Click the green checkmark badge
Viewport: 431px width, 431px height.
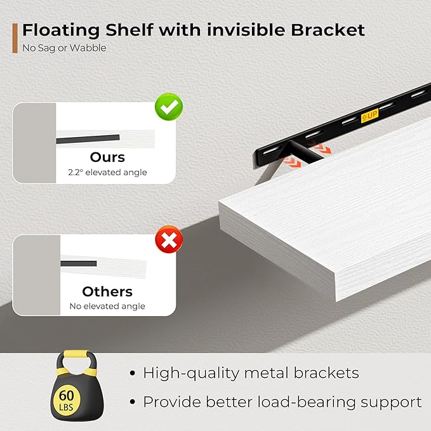pyautogui.click(x=169, y=107)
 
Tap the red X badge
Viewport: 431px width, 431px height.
pyautogui.click(x=169, y=239)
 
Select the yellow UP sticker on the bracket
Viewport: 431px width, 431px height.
pyautogui.click(x=369, y=116)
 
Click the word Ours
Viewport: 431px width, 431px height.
pyautogui.click(x=107, y=157)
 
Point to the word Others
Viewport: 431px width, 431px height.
pyautogui.click(x=107, y=291)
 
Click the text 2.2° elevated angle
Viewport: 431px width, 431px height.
pyautogui.click(x=107, y=173)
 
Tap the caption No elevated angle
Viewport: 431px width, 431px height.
pyautogui.click(x=107, y=306)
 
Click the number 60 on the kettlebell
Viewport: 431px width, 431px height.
pyautogui.click(x=66, y=395)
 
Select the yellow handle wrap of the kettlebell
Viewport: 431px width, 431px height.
pyautogui.click(x=77, y=354)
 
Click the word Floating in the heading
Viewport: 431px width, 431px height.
pyautogui.click(x=61, y=30)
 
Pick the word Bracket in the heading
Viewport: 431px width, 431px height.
pyautogui.click(x=328, y=30)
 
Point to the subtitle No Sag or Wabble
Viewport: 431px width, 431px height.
pyautogui.click(x=64, y=48)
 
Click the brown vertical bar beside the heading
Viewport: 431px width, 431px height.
pyautogui.click(x=15, y=38)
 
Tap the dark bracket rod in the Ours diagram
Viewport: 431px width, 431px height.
pyautogui.click(x=88, y=139)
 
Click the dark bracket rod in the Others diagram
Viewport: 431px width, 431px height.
pyautogui.click(x=79, y=263)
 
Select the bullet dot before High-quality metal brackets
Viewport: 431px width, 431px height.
pyautogui.click(x=133, y=373)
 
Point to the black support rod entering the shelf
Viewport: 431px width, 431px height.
pyautogui.click(x=305, y=152)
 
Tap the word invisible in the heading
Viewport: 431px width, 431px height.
pyautogui.click(x=246, y=30)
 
